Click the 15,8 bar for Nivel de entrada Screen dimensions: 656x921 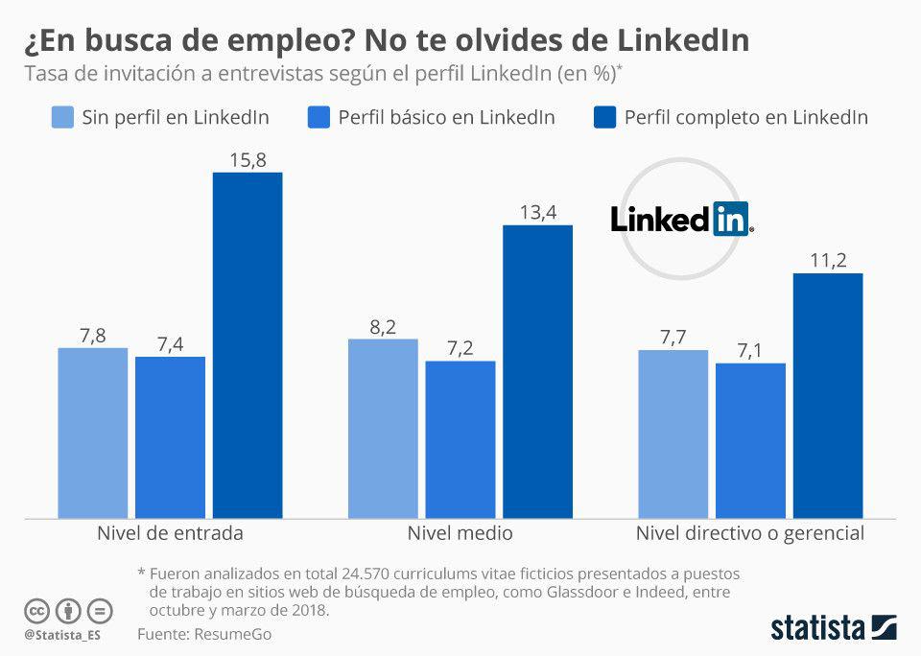248,345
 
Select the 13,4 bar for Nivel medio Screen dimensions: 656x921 537,372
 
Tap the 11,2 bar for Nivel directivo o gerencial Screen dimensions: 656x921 828,396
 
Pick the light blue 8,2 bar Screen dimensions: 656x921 383,429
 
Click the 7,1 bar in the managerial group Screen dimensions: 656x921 750,441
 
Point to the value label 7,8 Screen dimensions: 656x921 92,335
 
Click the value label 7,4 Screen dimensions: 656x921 170,344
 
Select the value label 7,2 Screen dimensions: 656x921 460,348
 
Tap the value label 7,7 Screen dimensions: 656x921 673,338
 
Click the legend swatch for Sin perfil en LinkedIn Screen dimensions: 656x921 61,118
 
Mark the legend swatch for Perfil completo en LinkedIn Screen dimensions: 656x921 604,118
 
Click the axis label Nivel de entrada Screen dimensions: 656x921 170,533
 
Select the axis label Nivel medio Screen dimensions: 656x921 460,533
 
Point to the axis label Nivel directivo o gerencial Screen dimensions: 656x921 750,533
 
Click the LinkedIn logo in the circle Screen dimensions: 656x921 682,220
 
